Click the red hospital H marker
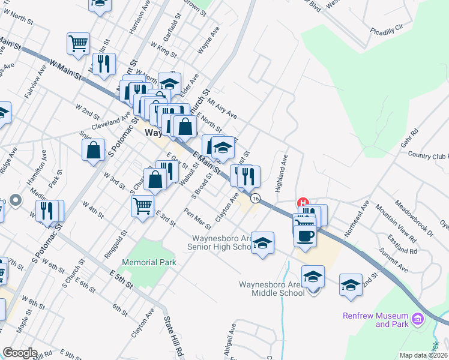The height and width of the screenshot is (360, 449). [303, 203]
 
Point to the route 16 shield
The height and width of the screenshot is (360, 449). [256, 198]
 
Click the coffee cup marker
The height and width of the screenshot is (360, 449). [305, 235]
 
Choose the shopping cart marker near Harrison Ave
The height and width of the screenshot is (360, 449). [78, 44]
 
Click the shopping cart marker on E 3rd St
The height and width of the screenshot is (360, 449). [143, 206]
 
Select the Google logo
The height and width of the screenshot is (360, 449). [20, 353]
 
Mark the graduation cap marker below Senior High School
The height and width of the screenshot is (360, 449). [262, 243]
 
